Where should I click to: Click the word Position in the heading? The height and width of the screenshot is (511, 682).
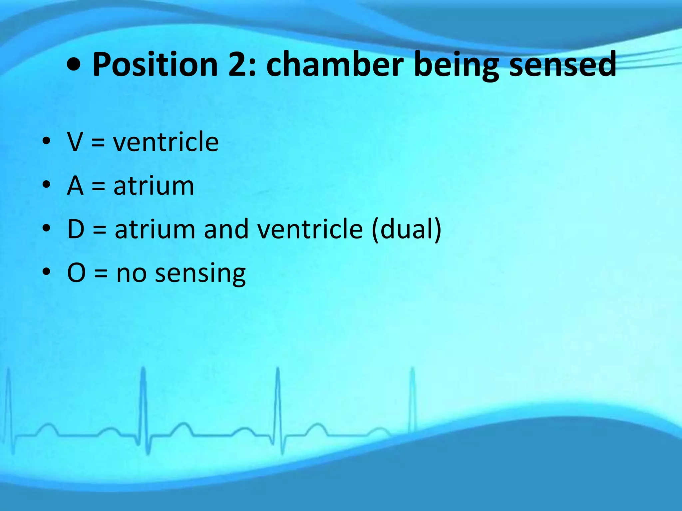155,65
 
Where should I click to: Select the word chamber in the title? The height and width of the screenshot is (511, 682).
335,65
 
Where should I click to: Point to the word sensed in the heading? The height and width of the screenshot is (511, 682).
563,65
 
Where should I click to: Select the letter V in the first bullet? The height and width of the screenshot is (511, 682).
75,142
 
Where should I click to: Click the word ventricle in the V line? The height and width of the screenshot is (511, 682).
166,142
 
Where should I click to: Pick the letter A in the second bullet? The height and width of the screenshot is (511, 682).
75,186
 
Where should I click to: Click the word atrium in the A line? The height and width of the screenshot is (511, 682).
154,186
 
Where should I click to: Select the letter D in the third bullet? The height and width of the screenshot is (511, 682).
76,229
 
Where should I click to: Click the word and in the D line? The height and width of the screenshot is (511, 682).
226,229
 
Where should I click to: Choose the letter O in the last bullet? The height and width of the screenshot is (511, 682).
76,273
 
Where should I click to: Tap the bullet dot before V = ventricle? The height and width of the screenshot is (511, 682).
46,141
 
